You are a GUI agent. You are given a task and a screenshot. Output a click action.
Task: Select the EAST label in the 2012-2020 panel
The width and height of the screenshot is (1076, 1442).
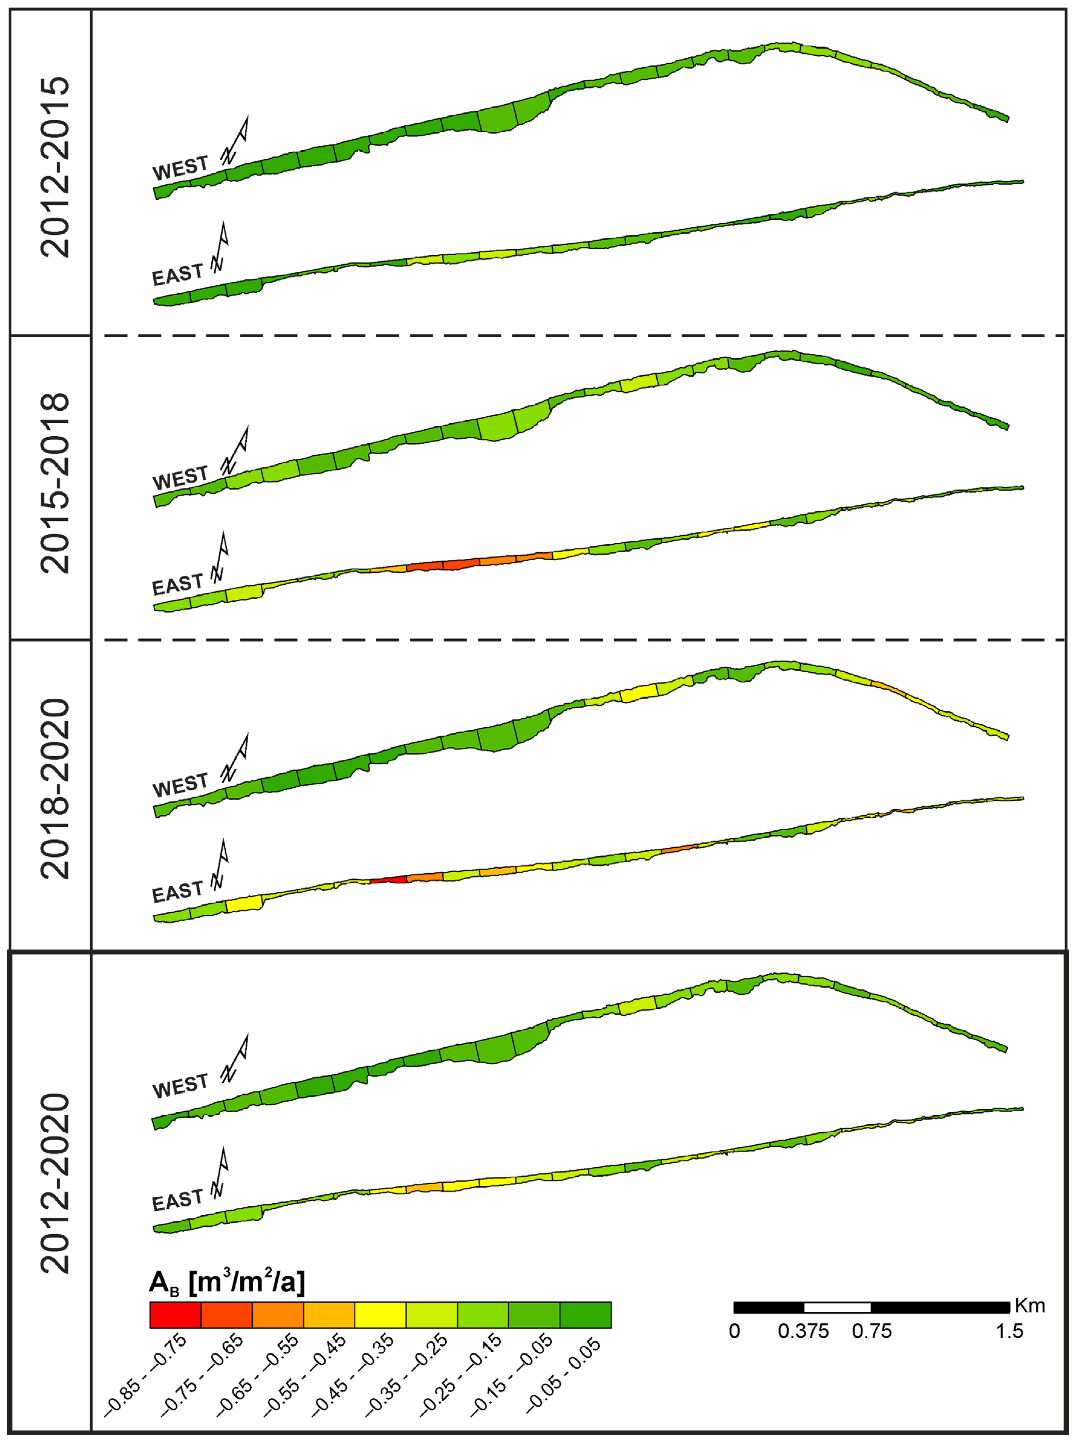177,1200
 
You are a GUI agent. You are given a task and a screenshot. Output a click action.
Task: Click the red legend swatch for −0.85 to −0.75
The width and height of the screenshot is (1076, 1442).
175,1315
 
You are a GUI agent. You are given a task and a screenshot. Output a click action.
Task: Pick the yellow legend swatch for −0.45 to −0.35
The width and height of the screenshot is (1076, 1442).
380,1315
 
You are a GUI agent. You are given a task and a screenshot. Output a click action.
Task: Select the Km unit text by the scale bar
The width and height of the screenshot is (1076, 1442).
1030,1306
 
